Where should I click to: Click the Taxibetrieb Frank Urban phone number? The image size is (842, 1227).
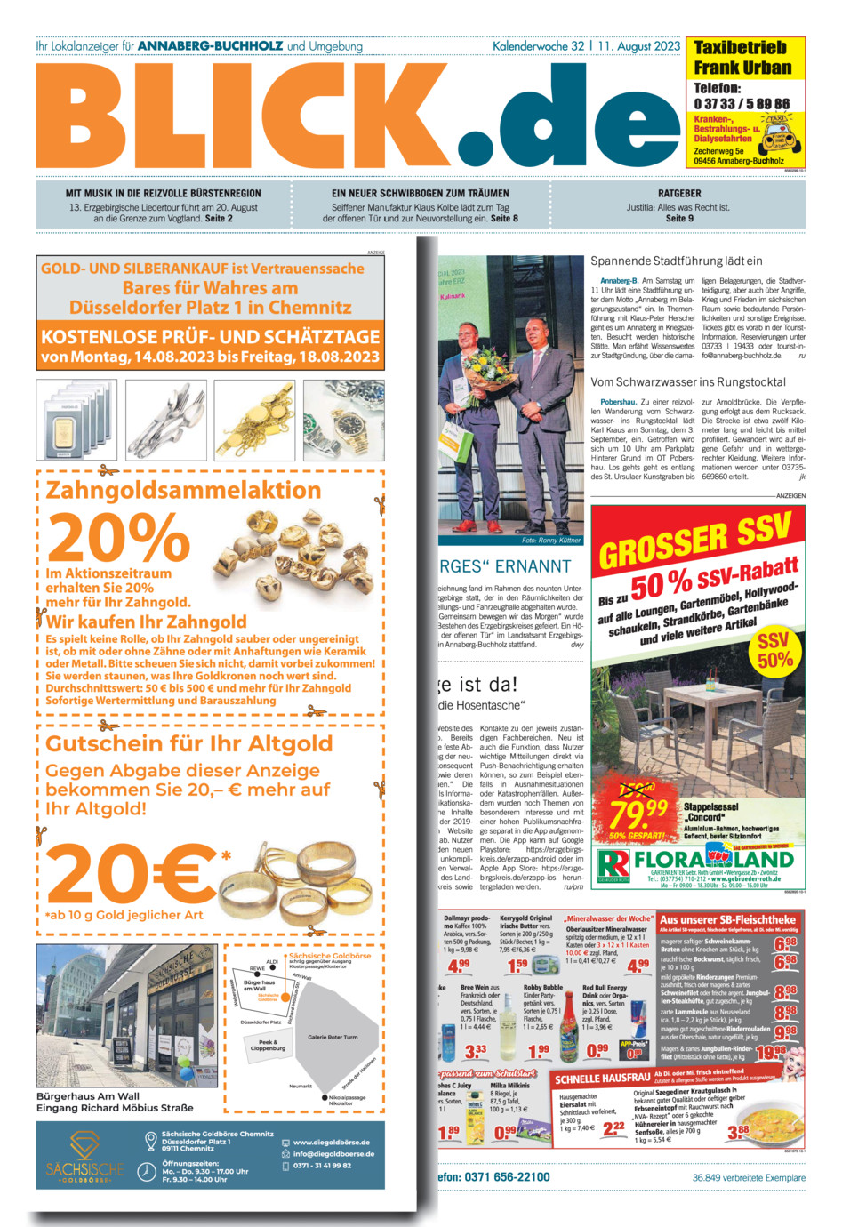click(742, 104)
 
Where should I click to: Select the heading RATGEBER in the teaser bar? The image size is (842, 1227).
click(679, 193)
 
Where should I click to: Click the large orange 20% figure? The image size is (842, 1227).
click(118, 537)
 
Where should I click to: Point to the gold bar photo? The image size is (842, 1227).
click(75, 421)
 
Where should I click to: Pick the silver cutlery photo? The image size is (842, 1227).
click(164, 420)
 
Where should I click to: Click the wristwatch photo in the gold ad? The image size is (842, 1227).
click(342, 420)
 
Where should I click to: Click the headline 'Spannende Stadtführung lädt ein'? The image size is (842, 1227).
click(677, 261)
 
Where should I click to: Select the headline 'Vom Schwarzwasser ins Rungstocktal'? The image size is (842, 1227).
click(688, 382)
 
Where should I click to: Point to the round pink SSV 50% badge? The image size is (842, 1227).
click(774, 651)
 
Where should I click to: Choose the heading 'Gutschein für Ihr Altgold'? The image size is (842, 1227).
click(188, 743)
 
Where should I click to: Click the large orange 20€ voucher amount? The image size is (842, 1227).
click(131, 872)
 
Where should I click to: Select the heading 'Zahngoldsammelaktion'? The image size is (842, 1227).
click(183, 490)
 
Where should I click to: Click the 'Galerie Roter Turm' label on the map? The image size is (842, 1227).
click(333, 1037)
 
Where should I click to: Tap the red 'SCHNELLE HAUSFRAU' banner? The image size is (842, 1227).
click(603, 1079)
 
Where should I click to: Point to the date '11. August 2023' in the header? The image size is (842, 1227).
click(639, 46)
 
